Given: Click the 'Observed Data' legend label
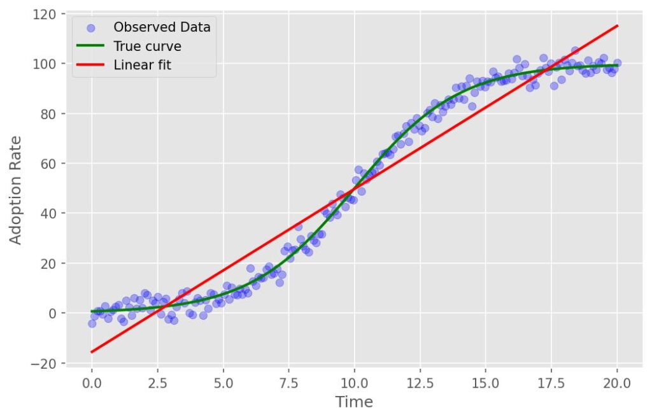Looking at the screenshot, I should click(162, 27).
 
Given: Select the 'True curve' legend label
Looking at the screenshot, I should click(147, 46).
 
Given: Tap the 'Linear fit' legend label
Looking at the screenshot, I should click(142, 65).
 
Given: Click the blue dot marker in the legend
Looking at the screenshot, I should click(90, 27).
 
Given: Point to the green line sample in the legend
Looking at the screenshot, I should click(90, 46).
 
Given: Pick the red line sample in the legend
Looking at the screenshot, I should click(90, 65).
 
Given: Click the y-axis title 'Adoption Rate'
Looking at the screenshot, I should click(16, 189).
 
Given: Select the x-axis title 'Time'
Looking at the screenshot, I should click(354, 402).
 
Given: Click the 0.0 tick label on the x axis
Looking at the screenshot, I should click(92, 383).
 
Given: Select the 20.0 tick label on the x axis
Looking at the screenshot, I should click(617, 383).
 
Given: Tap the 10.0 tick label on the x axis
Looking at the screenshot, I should click(354, 383).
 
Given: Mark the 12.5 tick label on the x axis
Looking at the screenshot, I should click(420, 383).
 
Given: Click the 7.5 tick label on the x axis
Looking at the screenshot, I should click(288, 383).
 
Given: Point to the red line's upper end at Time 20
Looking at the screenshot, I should click(617, 26).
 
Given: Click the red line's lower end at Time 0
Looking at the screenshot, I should click(92, 352).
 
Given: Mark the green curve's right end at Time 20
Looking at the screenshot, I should click(617, 65).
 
